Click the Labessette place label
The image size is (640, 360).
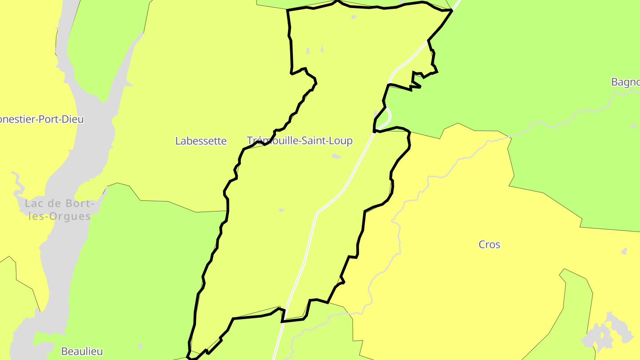[201, 141]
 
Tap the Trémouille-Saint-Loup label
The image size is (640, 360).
[300, 141]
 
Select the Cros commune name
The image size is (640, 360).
[489, 244]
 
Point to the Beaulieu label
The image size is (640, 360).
[82, 351]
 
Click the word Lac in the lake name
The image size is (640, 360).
[35, 204]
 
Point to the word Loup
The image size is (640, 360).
[341, 141]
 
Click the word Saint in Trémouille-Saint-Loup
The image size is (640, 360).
[315, 141]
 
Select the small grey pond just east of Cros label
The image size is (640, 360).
[624, 252]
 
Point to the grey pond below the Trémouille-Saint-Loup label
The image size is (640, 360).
[336, 156]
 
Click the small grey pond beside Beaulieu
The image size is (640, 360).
[140, 346]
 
